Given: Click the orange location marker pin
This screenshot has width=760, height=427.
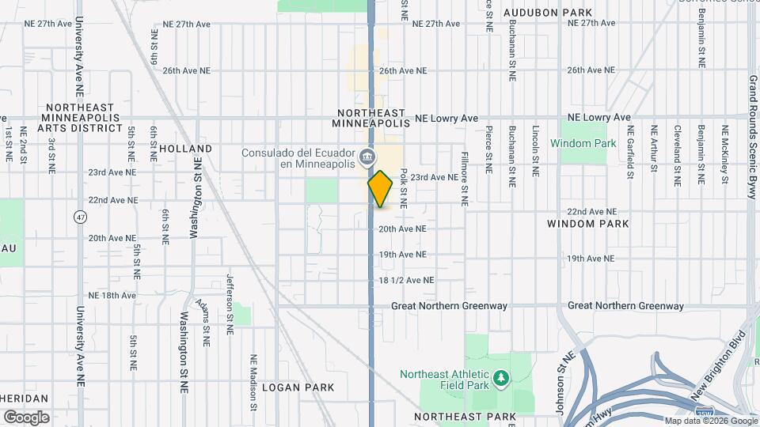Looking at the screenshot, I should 380,189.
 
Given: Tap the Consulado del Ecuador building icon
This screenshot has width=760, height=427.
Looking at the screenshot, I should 367,156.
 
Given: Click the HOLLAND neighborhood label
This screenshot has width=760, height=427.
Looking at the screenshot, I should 185,149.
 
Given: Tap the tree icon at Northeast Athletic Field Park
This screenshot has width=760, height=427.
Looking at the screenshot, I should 500,380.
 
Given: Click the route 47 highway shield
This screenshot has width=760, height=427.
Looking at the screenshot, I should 80,217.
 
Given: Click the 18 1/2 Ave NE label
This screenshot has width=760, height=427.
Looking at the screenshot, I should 407,280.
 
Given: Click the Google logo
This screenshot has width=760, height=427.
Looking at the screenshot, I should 26,417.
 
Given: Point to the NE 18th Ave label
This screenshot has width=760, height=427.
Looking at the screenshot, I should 112,295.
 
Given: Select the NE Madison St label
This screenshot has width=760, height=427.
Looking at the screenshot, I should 254,381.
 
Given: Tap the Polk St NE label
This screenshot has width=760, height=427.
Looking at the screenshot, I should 403,187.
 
